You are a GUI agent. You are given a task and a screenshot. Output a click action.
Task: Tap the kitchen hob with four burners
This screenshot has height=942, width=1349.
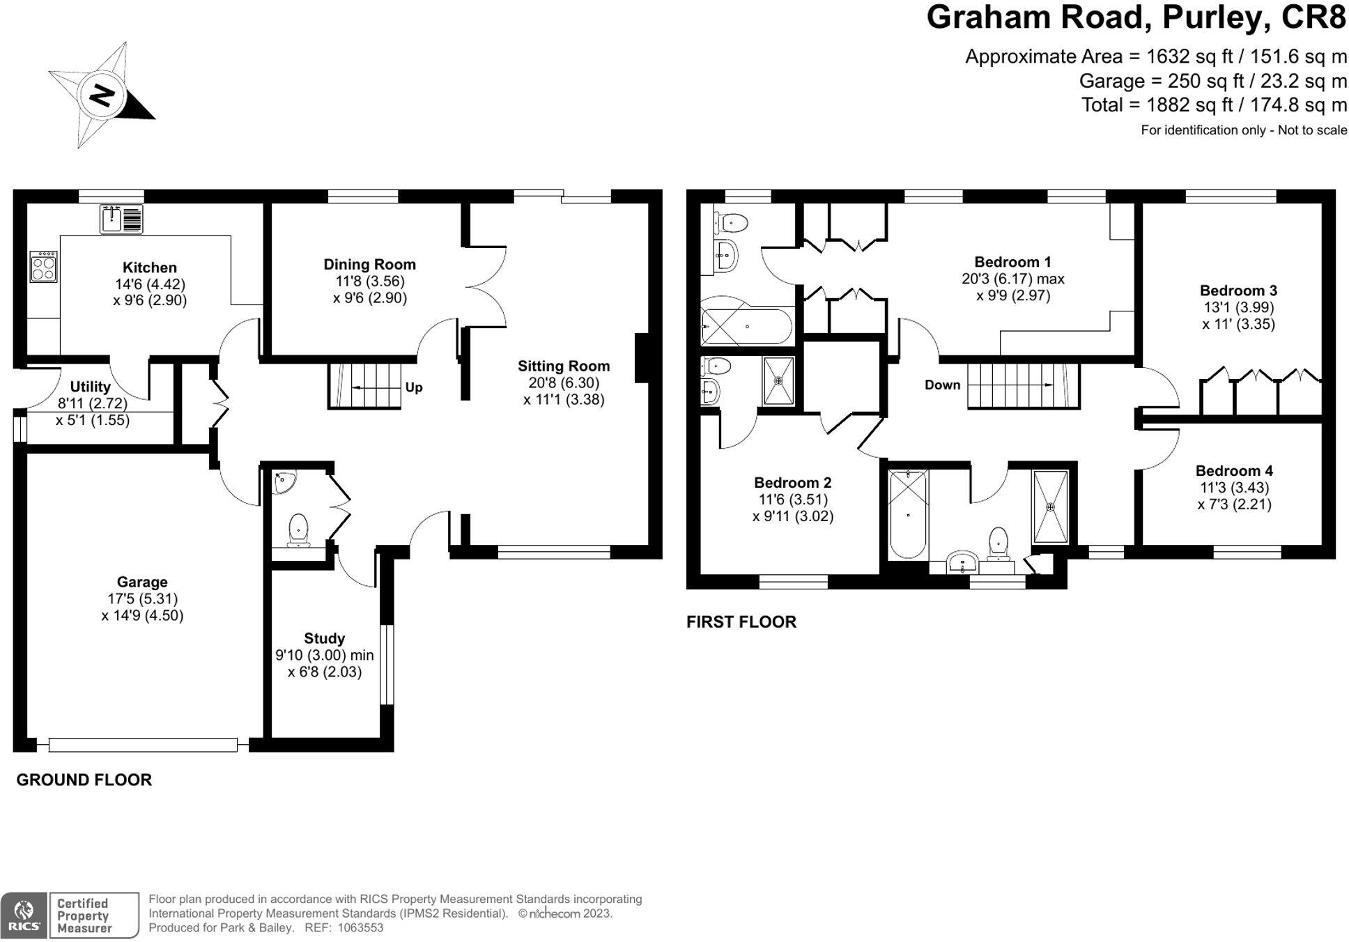(x=43, y=266)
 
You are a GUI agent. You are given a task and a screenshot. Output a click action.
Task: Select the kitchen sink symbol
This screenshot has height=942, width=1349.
(x=121, y=218)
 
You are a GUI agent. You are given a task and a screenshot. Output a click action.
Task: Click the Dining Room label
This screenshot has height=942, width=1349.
(x=369, y=265)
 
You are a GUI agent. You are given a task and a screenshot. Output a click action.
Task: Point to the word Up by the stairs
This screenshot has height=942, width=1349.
(x=414, y=387)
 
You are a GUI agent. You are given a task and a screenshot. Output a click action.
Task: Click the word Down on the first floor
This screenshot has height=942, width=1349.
(x=942, y=385)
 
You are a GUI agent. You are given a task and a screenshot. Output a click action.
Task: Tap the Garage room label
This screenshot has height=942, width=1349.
(x=142, y=582)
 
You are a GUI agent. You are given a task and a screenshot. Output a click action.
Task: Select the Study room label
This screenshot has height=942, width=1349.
(x=324, y=638)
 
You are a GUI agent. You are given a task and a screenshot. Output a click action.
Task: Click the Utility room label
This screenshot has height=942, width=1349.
(x=91, y=387)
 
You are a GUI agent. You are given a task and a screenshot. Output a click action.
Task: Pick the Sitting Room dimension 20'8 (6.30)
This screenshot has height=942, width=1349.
(x=564, y=383)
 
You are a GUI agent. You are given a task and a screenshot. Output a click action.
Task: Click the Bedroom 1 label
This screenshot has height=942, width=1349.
(x=1012, y=262)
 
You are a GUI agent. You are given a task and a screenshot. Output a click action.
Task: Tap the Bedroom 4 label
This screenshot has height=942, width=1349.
(x=1234, y=471)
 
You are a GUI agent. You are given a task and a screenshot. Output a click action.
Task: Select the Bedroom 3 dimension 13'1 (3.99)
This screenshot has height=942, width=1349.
(x=1238, y=307)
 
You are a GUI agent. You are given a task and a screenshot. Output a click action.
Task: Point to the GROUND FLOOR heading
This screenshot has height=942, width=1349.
(x=84, y=780)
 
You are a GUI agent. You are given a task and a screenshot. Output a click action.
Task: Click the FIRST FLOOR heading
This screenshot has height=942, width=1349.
(x=741, y=621)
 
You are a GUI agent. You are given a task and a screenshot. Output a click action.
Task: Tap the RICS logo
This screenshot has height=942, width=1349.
(x=24, y=915)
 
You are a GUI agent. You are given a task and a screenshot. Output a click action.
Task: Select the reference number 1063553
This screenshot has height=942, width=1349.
(x=360, y=927)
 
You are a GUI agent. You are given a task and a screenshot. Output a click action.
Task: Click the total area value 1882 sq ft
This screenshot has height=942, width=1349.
(x=1181, y=105)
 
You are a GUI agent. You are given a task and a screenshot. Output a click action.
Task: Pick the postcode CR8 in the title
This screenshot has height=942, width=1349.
(x=1313, y=18)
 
